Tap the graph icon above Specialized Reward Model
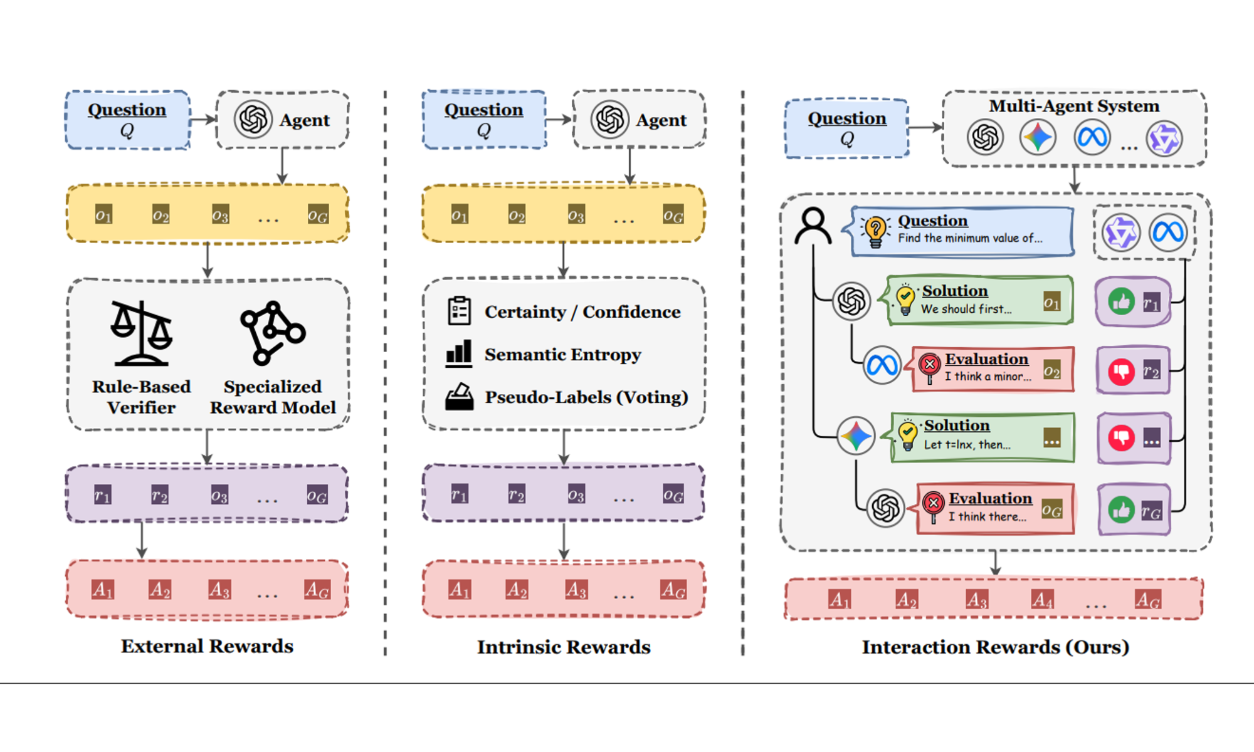pyautogui.click(x=272, y=333)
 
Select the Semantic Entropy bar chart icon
pyautogui.click(x=458, y=353)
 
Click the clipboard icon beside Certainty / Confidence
pyautogui.click(x=459, y=311)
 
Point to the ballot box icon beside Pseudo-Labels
pyautogui.click(x=459, y=397)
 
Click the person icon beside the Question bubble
pyautogui.click(x=813, y=226)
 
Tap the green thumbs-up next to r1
pyautogui.click(x=1121, y=302)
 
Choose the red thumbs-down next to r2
pyautogui.click(x=1121, y=371)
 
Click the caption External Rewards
pyautogui.click(x=207, y=646)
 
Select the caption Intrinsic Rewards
pyautogui.click(x=564, y=647)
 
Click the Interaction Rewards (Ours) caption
pyautogui.click(x=995, y=647)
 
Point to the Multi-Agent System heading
pyautogui.click(x=1074, y=106)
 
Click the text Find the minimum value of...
pyautogui.click(x=970, y=238)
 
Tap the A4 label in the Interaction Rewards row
pyautogui.click(x=1042, y=600)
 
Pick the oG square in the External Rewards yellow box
pyautogui.click(x=318, y=215)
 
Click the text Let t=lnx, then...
pyautogui.click(x=967, y=445)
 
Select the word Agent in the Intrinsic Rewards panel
pyautogui.click(x=661, y=120)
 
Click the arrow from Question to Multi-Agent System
pyautogui.click(x=925, y=128)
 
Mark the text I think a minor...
pyautogui.click(x=988, y=377)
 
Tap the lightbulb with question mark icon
pyautogui.click(x=875, y=231)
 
